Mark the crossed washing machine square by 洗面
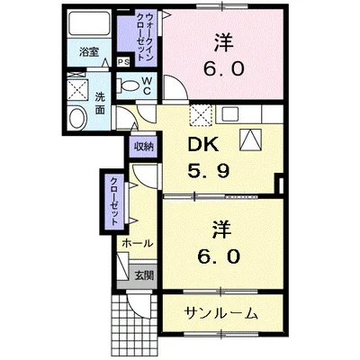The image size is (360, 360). [x=76, y=91]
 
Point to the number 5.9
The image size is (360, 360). [x=207, y=170]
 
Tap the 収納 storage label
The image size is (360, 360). [x=144, y=146]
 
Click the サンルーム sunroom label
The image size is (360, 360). [x=220, y=314]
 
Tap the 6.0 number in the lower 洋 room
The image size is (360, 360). [x=219, y=256]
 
